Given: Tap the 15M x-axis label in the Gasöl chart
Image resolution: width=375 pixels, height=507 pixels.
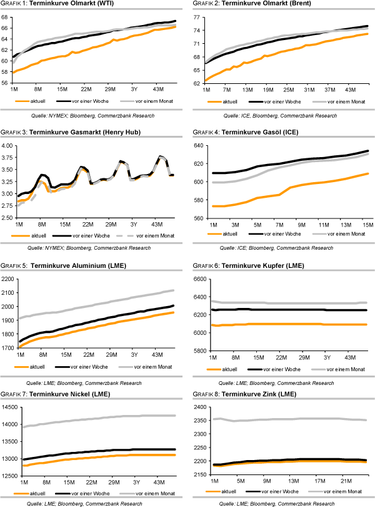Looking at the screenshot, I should pos(367,224).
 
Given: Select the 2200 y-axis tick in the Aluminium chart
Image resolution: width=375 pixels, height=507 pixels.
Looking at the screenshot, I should pos(9,279).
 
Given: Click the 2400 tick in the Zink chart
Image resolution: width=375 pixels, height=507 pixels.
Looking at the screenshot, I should pos(201,407).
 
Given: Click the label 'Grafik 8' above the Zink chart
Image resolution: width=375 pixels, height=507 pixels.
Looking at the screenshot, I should pos(205,394).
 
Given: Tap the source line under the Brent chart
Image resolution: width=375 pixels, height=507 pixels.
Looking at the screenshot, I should pos(284,116).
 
